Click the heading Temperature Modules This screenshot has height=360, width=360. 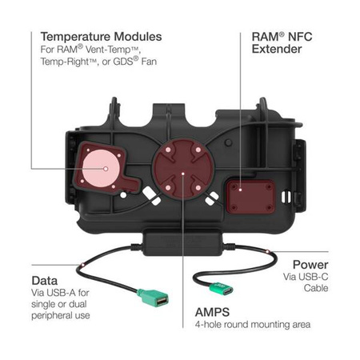point(101,37)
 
